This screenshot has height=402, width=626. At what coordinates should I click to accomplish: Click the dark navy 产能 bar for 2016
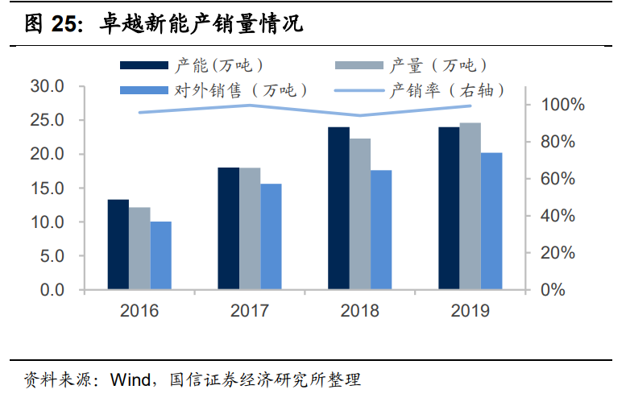coord(118,244)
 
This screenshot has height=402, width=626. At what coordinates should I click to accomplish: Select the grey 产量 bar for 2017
coord(250,229)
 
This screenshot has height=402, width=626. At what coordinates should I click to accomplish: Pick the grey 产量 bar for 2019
coord(470,206)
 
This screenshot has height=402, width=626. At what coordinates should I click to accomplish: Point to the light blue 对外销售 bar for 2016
coord(160,255)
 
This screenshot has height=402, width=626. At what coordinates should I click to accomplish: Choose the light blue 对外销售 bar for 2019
coord(491,221)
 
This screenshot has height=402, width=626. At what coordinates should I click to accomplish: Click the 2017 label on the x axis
coord(250,310)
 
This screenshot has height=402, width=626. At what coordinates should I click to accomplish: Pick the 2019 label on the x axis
coord(470,310)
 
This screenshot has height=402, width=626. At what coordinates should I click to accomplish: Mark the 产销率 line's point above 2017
coord(250,105)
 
